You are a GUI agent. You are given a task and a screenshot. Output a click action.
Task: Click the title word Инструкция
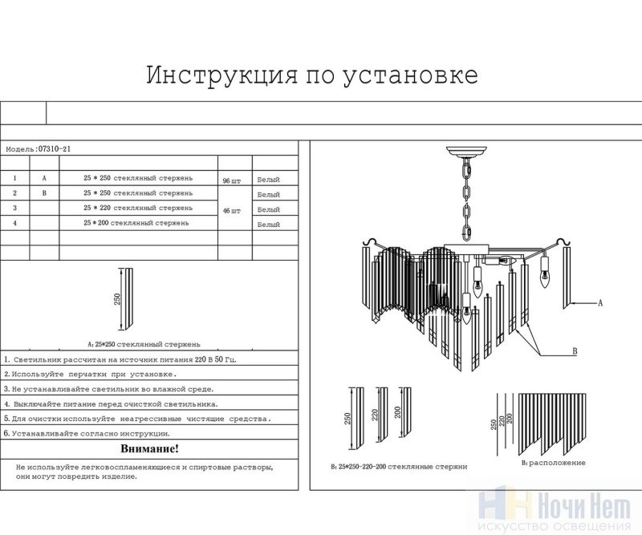(x=222, y=75)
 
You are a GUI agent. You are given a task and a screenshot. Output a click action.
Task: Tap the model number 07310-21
(x=54, y=149)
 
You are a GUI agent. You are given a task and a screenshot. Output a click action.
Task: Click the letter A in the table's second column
(x=44, y=179)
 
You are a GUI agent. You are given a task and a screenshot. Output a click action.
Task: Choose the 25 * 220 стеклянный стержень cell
(x=138, y=208)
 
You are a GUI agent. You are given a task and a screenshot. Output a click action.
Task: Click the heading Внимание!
(x=149, y=448)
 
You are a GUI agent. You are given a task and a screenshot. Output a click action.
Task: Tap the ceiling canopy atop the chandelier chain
(x=467, y=152)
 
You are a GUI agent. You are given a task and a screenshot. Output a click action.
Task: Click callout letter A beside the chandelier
(x=600, y=303)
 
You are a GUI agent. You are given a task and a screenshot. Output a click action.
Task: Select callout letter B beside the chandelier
(x=575, y=351)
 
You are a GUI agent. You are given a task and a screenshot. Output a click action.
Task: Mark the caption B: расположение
(x=553, y=463)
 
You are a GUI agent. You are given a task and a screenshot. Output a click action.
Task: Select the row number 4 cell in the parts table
(x=14, y=223)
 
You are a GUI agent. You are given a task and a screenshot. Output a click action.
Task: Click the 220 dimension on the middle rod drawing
(x=374, y=415)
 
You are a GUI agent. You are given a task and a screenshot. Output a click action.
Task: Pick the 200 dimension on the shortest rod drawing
(x=397, y=411)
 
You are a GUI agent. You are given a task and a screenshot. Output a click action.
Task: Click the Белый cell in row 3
(x=269, y=209)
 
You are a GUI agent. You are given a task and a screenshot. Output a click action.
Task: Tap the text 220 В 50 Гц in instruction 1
(x=214, y=360)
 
